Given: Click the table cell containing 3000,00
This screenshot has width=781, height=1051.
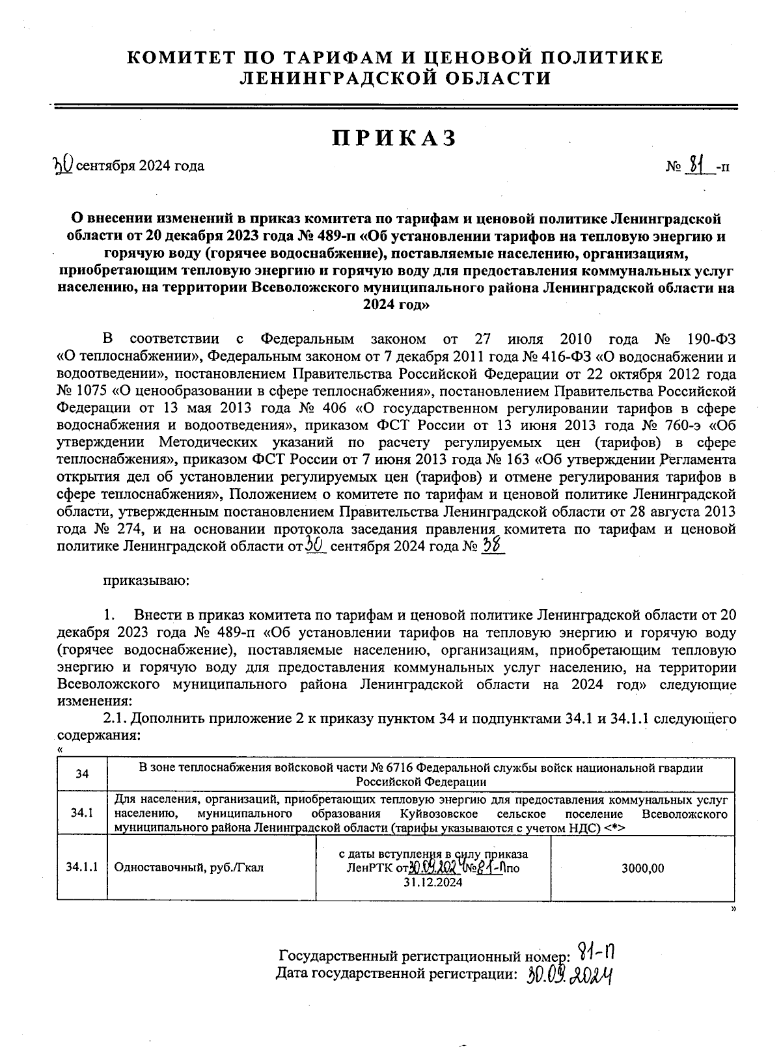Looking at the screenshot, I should point(642,868).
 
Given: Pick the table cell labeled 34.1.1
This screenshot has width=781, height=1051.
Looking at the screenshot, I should point(82,867).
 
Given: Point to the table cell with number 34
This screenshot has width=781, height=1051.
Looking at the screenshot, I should point(82,774).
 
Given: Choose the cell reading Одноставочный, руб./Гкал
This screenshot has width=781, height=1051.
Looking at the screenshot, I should point(189,867).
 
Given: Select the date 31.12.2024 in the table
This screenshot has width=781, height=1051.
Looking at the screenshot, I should point(433,882).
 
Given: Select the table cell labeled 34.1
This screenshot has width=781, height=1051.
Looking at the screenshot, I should point(82,813).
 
